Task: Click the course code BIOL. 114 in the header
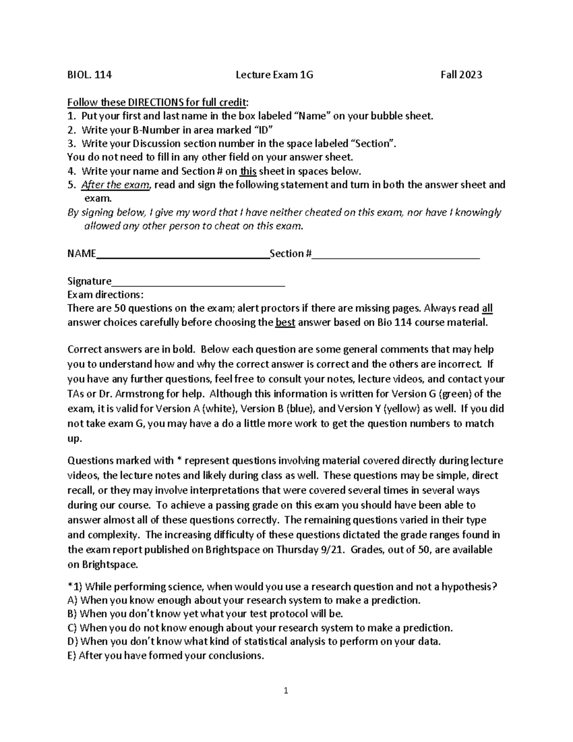(89, 75)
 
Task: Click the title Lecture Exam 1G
(275, 75)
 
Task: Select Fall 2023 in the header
(461, 75)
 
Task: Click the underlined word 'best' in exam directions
(286, 323)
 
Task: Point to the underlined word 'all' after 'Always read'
(487, 308)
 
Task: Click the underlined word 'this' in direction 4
(248, 172)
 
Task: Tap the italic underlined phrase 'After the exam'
(115, 185)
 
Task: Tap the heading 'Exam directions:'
(105, 295)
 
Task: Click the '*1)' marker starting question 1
(75, 587)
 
